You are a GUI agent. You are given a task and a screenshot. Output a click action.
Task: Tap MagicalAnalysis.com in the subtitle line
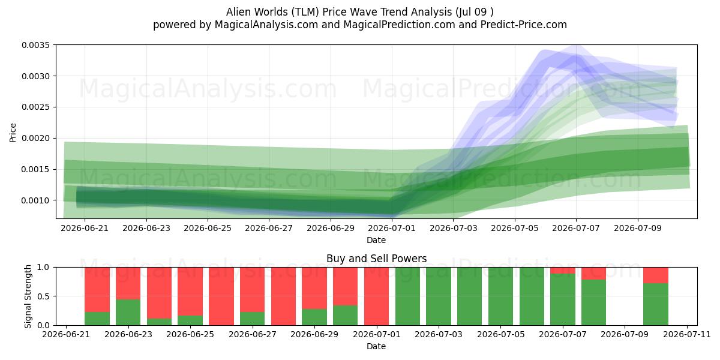point(266,25)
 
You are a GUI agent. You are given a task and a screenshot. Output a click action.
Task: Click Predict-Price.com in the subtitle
point(524,25)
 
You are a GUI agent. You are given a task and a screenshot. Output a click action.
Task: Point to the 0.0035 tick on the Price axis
point(35,45)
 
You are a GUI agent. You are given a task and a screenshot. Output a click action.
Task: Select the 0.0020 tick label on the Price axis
point(35,138)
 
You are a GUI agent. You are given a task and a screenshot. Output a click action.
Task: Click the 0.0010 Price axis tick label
point(35,200)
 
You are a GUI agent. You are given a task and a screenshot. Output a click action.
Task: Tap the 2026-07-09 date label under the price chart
point(638,228)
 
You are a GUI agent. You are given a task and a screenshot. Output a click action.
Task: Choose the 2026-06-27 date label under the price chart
point(269,228)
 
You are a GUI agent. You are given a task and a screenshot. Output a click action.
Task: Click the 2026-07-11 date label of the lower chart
point(687,334)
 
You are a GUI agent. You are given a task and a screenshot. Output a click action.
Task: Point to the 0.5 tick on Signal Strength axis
point(43,296)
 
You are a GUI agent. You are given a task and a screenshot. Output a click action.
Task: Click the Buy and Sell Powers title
point(376,259)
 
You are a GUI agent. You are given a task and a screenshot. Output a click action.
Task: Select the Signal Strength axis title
point(28,296)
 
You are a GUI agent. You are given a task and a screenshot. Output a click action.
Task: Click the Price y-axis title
point(13,133)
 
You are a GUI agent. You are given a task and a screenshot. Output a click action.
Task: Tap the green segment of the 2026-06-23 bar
point(128,312)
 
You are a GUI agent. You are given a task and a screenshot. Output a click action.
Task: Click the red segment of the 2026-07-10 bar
point(656,275)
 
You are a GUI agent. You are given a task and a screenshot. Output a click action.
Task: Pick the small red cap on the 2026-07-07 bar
point(563,271)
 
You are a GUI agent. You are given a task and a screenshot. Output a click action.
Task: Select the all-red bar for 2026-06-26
point(221,296)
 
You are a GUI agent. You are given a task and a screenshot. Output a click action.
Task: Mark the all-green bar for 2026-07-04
point(470,296)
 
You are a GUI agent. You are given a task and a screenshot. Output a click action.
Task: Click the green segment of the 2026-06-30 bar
point(345,316)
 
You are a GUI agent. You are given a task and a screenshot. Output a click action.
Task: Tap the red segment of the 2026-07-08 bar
point(593,274)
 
